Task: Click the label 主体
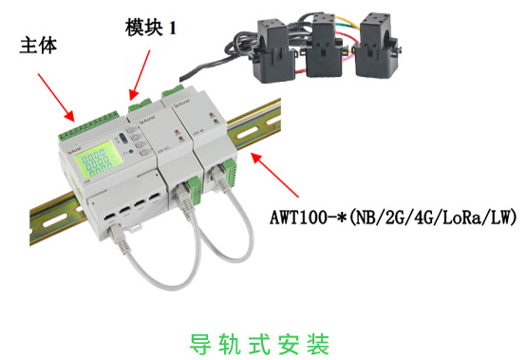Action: (x=38, y=46)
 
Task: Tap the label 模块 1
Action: (x=151, y=27)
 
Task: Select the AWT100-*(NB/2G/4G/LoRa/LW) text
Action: (x=393, y=218)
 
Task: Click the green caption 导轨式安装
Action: (x=259, y=344)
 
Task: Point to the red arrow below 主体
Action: (x=56, y=97)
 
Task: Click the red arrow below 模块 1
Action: (x=140, y=75)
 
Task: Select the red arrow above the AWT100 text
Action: (x=274, y=175)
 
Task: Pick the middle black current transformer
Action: (x=323, y=46)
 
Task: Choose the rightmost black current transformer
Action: (x=376, y=46)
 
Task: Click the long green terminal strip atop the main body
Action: (x=89, y=124)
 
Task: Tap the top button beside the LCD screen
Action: (x=132, y=128)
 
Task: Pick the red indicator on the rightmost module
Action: (x=212, y=115)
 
